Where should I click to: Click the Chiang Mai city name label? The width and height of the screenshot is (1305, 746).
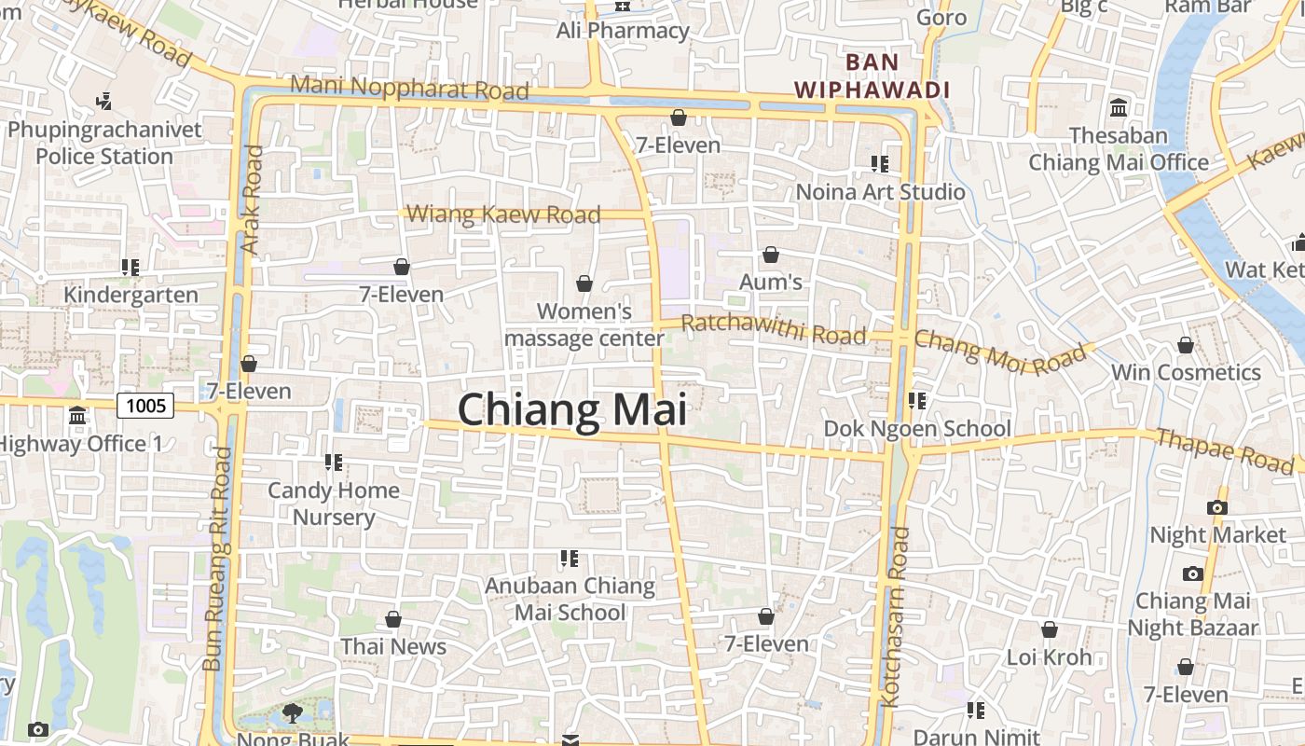pyautogui.click(x=572, y=410)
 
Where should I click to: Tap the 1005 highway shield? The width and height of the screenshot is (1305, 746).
pyautogui.click(x=146, y=405)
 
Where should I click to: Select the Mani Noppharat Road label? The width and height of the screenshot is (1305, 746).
pyautogui.click(x=409, y=88)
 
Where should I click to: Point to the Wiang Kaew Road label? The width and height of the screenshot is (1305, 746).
pyautogui.click(x=503, y=214)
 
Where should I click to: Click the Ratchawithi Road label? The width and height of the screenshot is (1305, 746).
pyautogui.click(x=774, y=329)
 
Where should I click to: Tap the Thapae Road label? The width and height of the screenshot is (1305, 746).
pyautogui.click(x=1224, y=449)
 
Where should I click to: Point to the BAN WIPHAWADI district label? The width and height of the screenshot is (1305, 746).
pyautogui.click(x=871, y=76)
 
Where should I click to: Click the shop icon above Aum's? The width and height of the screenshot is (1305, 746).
pyautogui.click(x=771, y=255)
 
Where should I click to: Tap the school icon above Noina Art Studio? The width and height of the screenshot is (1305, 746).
pyautogui.click(x=880, y=164)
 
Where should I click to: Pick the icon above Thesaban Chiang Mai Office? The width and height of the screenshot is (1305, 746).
pyautogui.click(x=1119, y=107)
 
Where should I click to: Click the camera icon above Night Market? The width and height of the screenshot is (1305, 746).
pyautogui.click(x=1216, y=508)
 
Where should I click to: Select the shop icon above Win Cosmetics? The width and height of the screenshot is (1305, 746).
pyautogui.click(x=1186, y=346)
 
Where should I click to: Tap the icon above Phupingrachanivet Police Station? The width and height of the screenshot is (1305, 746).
pyautogui.click(x=104, y=101)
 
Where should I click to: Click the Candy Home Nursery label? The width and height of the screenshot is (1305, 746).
pyautogui.click(x=334, y=504)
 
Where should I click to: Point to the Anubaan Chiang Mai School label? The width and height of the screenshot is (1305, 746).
pyautogui.click(x=570, y=599)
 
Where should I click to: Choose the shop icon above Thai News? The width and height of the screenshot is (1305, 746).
pyautogui.click(x=393, y=619)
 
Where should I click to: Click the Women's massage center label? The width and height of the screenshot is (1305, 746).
pyautogui.click(x=584, y=324)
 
